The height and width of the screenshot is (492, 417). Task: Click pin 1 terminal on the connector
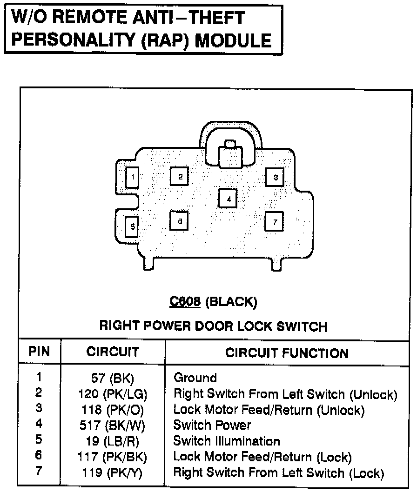pyautogui.click(x=133, y=177)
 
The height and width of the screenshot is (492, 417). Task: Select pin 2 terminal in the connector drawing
pyautogui.click(x=179, y=176)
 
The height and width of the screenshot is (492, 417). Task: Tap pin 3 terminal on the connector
pyautogui.click(x=275, y=177)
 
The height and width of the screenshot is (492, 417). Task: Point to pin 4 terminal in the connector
pyautogui.click(x=228, y=199)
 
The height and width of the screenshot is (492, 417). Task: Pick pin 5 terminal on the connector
pyautogui.click(x=133, y=226)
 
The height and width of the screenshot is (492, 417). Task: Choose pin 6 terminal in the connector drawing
pyautogui.click(x=179, y=221)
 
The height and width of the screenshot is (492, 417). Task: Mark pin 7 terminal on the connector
pyautogui.click(x=275, y=221)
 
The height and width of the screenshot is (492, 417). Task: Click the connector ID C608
pyautogui.click(x=185, y=302)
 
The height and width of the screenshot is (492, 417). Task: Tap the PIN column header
pyautogui.click(x=39, y=351)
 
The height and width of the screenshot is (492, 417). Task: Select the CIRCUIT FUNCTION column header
pyautogui.click(x=287, y=353)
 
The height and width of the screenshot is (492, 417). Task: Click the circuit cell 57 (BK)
pyautogui.click(x=112, y=378)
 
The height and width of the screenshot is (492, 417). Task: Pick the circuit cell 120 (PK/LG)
pyautogui.click(x=112, y=394)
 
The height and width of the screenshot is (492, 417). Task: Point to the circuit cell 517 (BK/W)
pyautogui.click(x=112, y=426)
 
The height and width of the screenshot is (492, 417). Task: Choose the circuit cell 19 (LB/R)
pyautogui.click(x=112, y=441)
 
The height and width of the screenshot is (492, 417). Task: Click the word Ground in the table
pyautogui.click(x=195, y=378)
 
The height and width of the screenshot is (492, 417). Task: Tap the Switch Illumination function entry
pyautogui.click(x=227, y=441)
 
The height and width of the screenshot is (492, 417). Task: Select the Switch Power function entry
pyautogui.click(x=212, y=425)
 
